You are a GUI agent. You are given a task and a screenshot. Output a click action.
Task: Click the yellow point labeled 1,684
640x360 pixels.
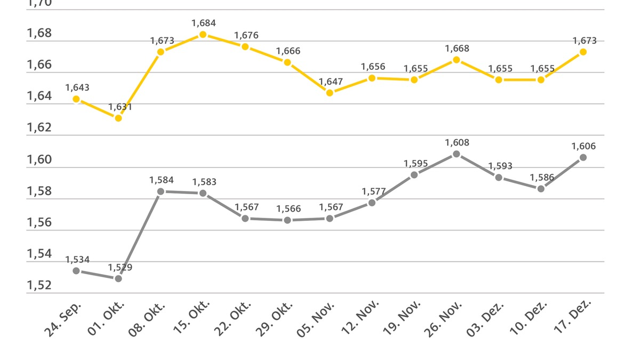point(203,35)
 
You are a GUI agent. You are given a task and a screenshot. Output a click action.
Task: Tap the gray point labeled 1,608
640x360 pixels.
point(457,154)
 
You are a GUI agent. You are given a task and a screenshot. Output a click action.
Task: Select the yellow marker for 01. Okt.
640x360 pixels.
point(118,118)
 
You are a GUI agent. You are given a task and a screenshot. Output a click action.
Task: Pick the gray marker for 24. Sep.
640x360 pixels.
point(76,271)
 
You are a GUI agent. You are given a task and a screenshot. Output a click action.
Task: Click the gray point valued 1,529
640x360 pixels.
point(118,278)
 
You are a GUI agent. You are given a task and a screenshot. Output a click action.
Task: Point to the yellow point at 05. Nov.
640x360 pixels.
point(330,93)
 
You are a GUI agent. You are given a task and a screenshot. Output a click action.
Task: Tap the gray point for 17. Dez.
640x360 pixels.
point(583,157)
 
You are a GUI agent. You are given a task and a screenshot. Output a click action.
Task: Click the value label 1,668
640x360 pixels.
point(457,49)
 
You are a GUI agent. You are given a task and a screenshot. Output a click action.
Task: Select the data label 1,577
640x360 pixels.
point(373,191)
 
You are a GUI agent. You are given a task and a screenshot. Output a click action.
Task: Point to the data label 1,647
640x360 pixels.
point(331,82)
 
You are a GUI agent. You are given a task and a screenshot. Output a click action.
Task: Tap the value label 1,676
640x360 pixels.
point(246,35)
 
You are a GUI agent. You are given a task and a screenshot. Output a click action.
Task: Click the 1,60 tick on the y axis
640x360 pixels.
point(39,159)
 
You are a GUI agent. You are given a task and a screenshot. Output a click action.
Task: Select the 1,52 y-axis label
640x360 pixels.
point(39,285)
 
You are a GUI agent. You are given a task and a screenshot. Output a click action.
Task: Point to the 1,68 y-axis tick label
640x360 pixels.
point(39,33)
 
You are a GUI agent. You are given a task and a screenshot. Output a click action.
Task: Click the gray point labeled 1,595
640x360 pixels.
point(414,175)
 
